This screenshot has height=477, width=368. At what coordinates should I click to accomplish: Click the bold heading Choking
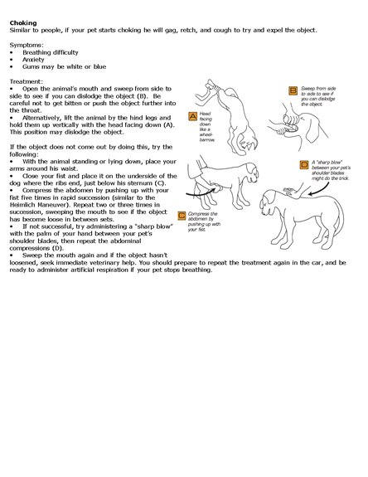(23, 23)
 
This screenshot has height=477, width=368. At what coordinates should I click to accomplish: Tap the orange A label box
(193, 116)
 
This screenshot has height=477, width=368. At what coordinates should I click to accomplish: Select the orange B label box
(293, 90)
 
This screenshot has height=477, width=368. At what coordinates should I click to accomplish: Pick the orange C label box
(182, 216)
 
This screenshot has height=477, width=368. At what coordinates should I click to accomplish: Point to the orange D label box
(304, 165)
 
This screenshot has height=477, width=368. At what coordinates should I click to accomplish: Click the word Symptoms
(26, 46)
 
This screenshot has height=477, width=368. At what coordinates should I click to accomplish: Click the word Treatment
(26, 81)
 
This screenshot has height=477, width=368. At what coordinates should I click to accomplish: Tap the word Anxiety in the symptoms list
(33, 60)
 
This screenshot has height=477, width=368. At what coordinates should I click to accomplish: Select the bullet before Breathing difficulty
(12, 52)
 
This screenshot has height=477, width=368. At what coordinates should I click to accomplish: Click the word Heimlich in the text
(22, 205)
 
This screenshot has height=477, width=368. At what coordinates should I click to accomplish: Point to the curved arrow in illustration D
(319, 188)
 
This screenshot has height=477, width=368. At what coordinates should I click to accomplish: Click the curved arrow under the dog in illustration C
(201, 192)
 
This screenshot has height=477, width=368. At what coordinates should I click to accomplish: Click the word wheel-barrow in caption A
(206, 137)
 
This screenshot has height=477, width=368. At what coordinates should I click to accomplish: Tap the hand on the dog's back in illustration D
(289, 192)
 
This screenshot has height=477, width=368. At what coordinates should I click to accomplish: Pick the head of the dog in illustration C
(252, 171)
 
